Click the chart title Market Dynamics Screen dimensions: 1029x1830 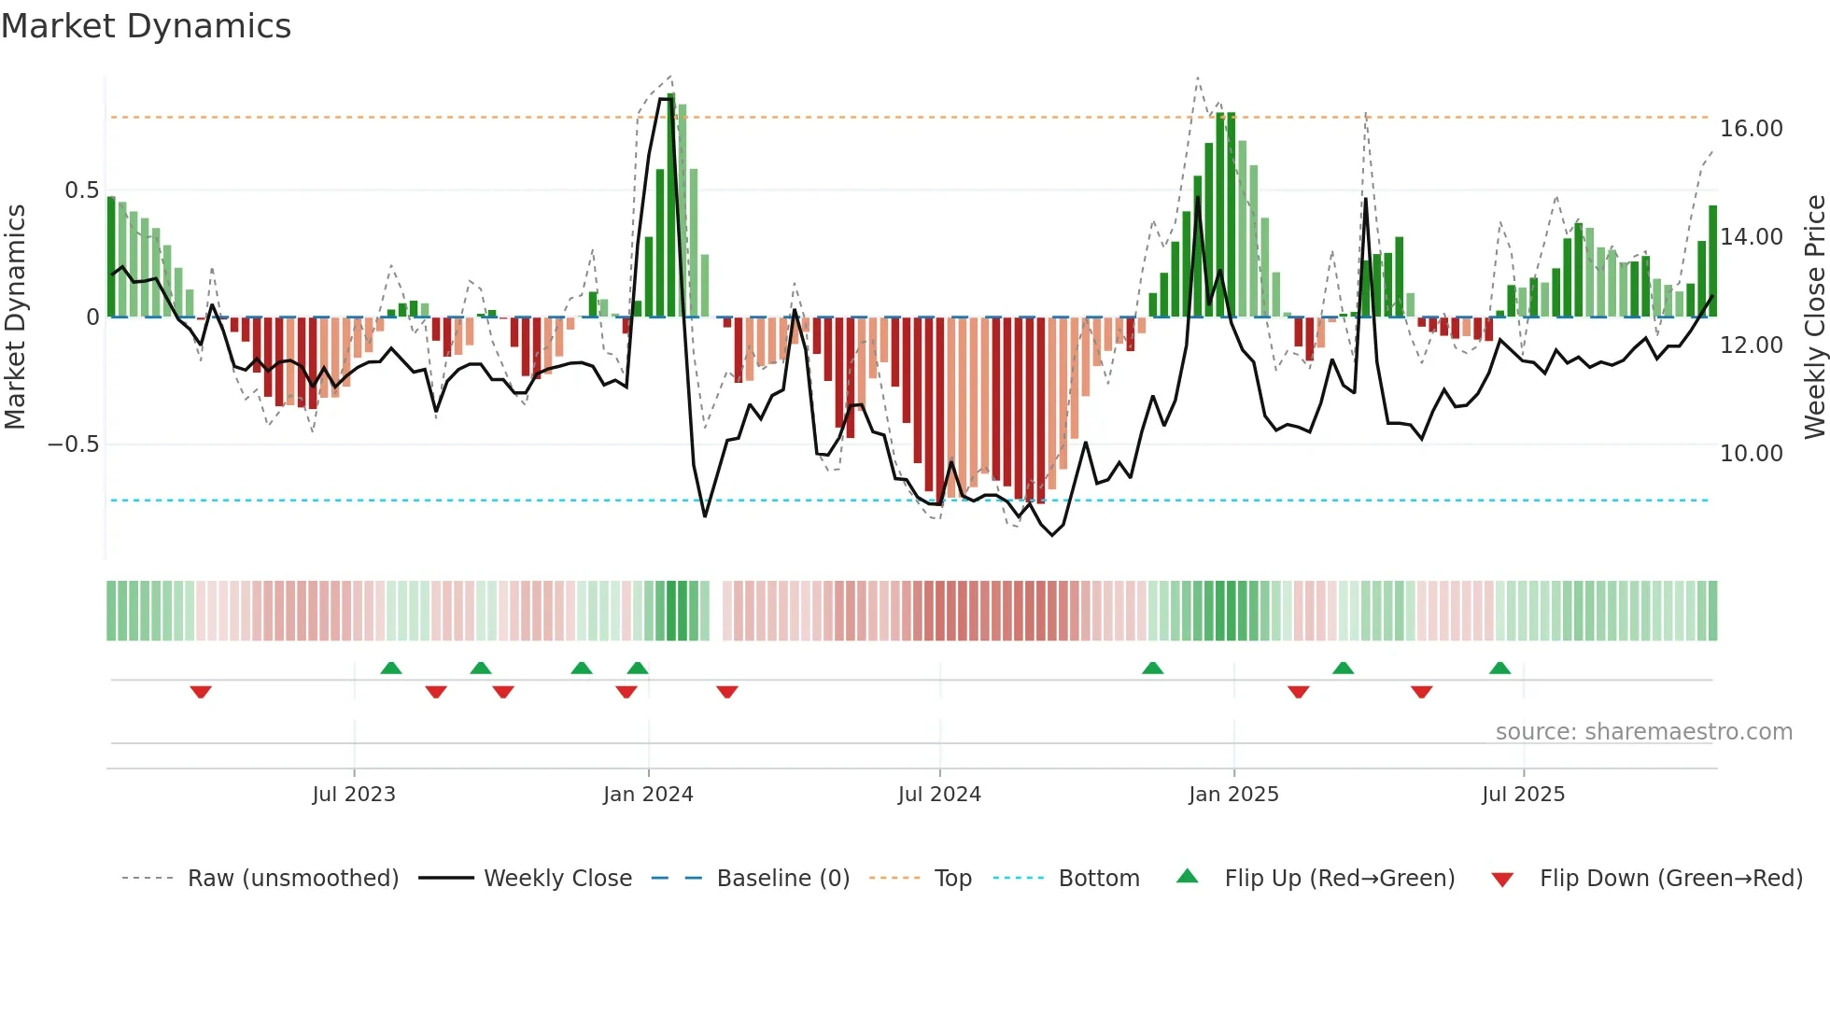point(146,26)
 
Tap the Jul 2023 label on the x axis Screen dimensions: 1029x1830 point(354,795)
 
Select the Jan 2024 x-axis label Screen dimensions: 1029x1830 point(648,795)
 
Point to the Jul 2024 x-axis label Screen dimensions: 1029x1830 point(939,795)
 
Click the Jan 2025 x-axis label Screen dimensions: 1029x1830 point(1233,795)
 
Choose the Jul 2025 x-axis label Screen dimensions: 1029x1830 point(1523,795)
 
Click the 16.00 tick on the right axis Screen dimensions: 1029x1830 point(1752,129)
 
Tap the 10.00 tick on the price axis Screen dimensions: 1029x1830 point(1752,454)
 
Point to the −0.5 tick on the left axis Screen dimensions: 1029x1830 point(74,444)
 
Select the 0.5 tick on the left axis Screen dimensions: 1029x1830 point(81,190)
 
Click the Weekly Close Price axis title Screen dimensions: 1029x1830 point(1814,317)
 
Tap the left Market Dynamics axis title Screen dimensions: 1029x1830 point(15,317)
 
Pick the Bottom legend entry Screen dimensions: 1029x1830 point(1098,879)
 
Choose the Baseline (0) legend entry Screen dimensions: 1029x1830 point(782,879)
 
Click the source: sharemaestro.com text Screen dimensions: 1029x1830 point(1643,732)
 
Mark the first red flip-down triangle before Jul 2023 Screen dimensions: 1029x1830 point(201,692)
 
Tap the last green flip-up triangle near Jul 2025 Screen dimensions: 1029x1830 point(1499,668)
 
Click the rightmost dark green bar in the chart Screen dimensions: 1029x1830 point(1712,261)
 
